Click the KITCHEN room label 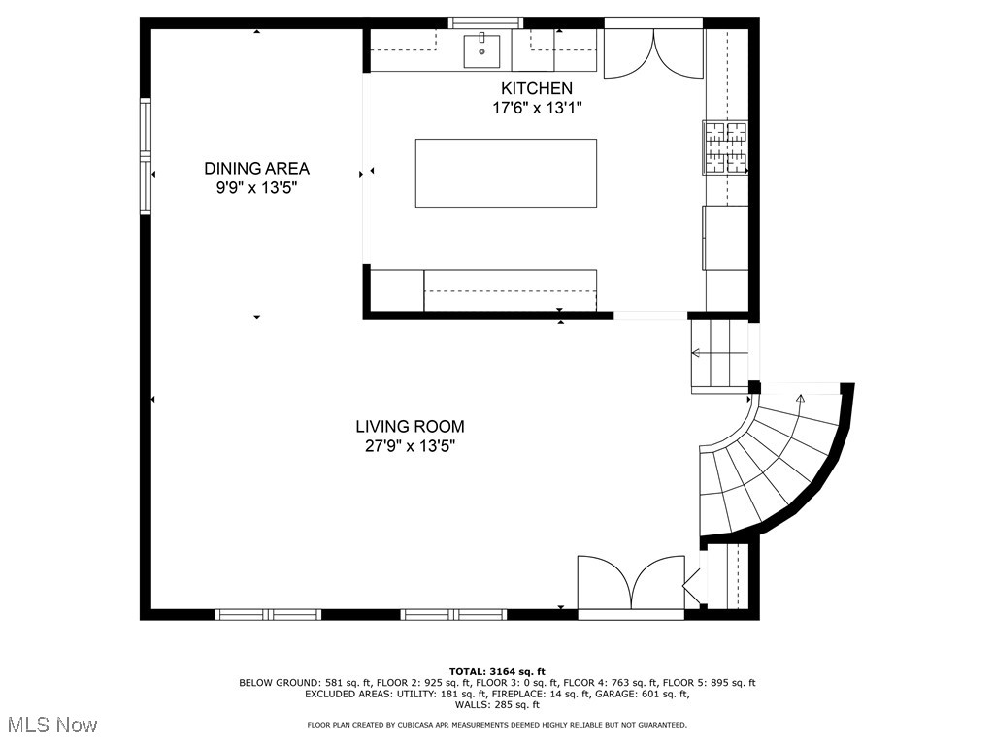pyautogui.click(x=537, y=88)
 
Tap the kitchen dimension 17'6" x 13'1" pyautogui.click(x=537, y=108)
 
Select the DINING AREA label pyautogui.click(x=256, y=169)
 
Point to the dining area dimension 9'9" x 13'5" pyautogui.click(x=256, y=188)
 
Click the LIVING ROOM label pyautogui.click(x=410, y=426)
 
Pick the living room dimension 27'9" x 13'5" pyautogui.click(x=410, y=446)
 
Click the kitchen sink pyautogui.click(x=481, y=49)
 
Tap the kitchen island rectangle pyautogui.click(x=506, y=173)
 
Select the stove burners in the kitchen pyautogui.click(x=726, y=147)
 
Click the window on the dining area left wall pyautogui.click(x=147, y=155)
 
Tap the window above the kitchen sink pyautogui.click(x=485, y=22)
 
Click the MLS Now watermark pyautogui.click(x=53, y=725)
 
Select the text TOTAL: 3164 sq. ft pyautogui.click(x=497, y=671)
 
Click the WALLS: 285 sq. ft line pyautogui.click(x=497, y=705)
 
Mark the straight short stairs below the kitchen pyautogui.click(x=719, y=355)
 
